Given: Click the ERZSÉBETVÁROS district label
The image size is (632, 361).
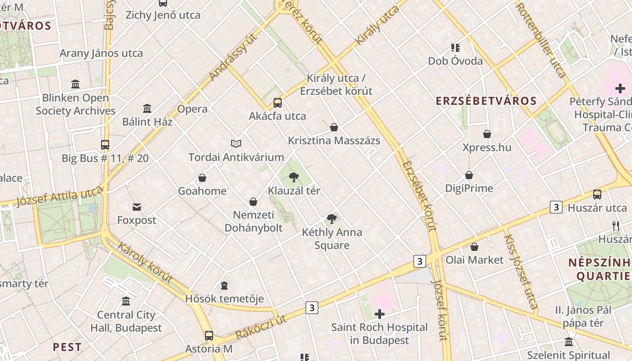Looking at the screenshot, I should click(486, 101).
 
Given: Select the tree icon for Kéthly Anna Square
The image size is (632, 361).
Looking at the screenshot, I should click(332, 219).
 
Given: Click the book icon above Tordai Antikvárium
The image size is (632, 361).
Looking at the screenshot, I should click(236, 143).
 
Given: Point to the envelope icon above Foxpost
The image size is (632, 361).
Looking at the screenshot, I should click(136, 207).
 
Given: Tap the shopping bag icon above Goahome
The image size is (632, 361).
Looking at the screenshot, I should click(202, 178).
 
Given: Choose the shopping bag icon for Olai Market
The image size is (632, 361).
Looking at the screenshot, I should click(474, 247).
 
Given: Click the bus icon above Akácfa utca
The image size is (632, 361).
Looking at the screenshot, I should click(278, 103).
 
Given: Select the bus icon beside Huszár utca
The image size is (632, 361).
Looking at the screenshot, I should click(597, 194).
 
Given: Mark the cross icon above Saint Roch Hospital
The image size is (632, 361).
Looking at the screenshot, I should click(380, 314).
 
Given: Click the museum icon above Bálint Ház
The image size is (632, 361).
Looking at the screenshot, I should click(147, 109).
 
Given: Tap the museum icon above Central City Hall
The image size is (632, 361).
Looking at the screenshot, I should click(126, 301).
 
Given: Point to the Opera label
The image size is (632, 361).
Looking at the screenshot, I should click(192, 109).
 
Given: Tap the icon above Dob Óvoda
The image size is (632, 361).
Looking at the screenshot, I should click(455, 48).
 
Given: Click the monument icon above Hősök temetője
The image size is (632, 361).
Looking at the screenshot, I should click(224, 286).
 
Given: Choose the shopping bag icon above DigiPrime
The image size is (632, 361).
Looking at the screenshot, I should click(469, 175).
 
